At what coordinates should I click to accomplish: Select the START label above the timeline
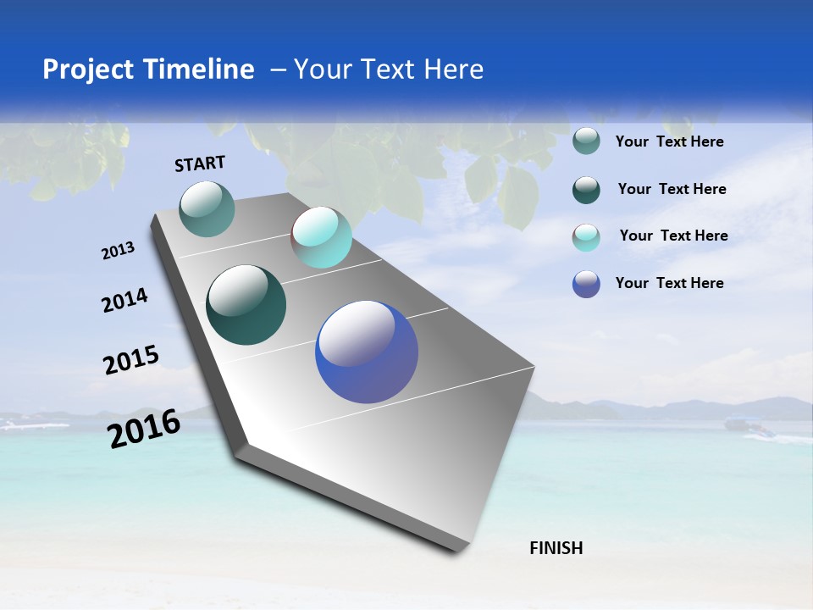click(x=200, y=164)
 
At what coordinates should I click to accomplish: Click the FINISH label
click(x=556, y=548)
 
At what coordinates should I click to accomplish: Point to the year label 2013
click(x=119, y=251)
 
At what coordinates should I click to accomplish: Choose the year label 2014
click(x=124, y=300)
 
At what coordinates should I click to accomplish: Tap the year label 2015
click(x=131, y=360)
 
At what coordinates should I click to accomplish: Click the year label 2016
click(x=144, y=429)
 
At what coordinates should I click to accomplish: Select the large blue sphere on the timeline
click(x=367, y=352)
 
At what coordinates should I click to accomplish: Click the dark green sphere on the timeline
click(x=246, y=305)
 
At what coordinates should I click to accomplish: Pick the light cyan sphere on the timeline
click(x=322, y=237)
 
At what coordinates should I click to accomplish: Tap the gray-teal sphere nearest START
click(x=207, y=209)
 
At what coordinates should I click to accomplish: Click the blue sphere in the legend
click(x=586, y=284)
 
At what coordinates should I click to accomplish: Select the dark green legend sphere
click(x=586, y=190)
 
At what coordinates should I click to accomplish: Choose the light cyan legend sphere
click(x=586, y=237)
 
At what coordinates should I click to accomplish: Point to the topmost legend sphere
click(x=586, y=141)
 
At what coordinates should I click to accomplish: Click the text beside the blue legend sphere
click(x=670, y=283)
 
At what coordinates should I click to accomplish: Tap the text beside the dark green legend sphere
click(x=672, y=189)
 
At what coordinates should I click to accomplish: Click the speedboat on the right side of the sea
click(x=754, y=430)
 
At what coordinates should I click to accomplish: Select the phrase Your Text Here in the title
click(x=389, y=69)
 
